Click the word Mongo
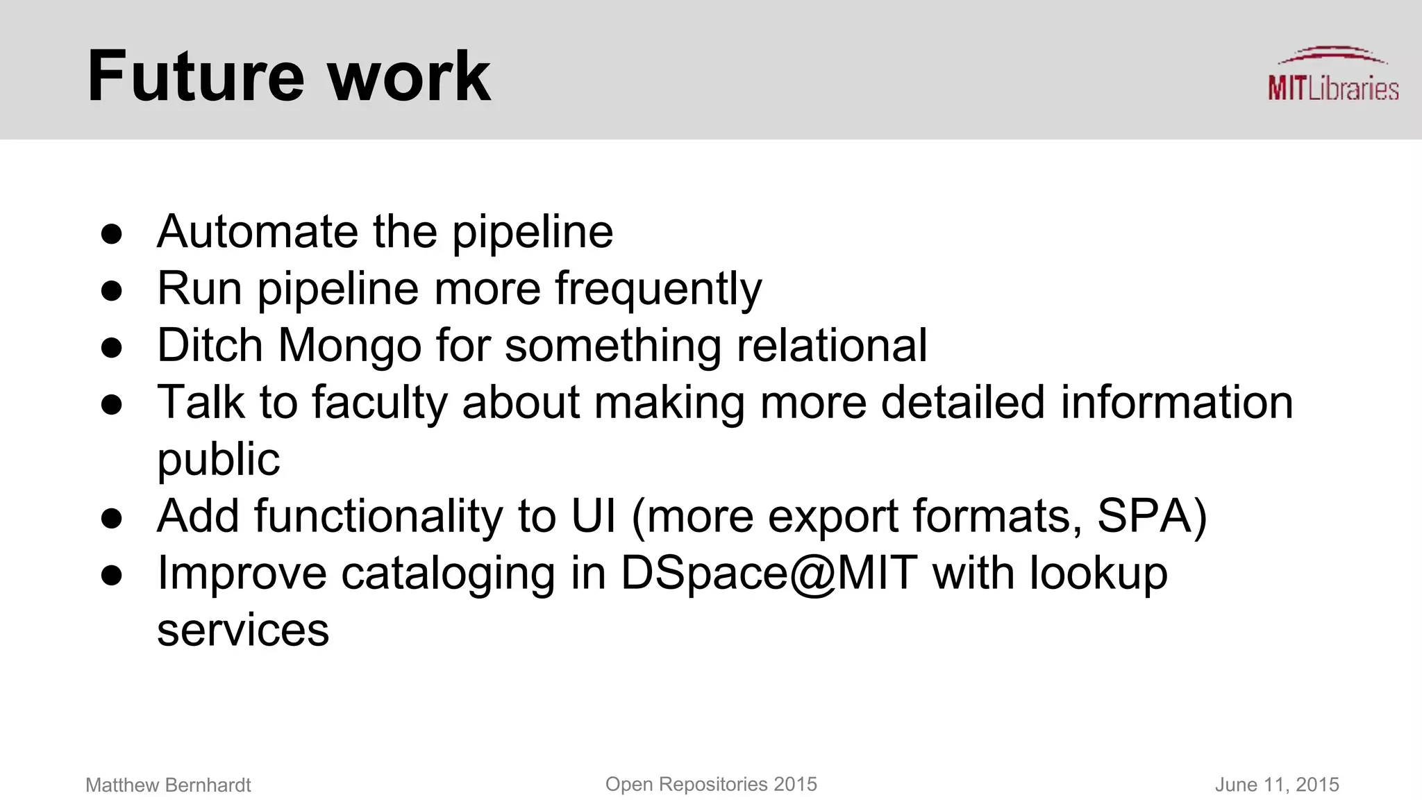(349, 346)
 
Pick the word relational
(831, 346)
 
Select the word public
(218, 460)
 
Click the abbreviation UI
(594, 517)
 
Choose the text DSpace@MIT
(769, 574)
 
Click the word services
(243, 631)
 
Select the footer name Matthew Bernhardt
(168, 785)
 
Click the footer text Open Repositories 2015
(711, 785)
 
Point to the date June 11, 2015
(1276, 785)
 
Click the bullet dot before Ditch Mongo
(112, 347)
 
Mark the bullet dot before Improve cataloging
(112, 576)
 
